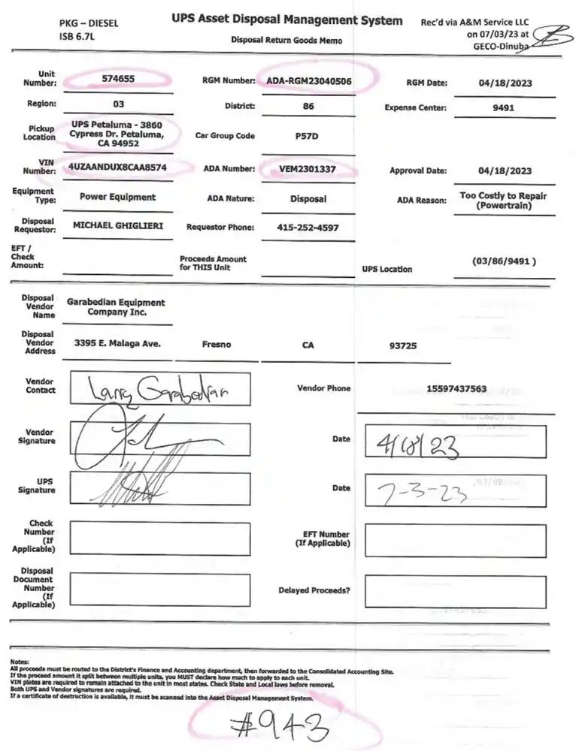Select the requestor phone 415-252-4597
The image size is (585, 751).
pos(308,227)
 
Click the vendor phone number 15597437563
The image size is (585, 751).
pos(456,388)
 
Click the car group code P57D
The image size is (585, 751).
pos(308,137)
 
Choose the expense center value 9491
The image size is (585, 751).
pos(503,107)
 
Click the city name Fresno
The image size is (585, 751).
pos(217,345)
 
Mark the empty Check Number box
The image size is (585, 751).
pos(159,538)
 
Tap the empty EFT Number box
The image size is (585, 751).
pos(454,540)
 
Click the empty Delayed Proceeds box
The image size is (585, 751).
pos(454,591)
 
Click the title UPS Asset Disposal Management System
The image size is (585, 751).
pos(286,21)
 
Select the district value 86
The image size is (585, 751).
pos(308,107)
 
